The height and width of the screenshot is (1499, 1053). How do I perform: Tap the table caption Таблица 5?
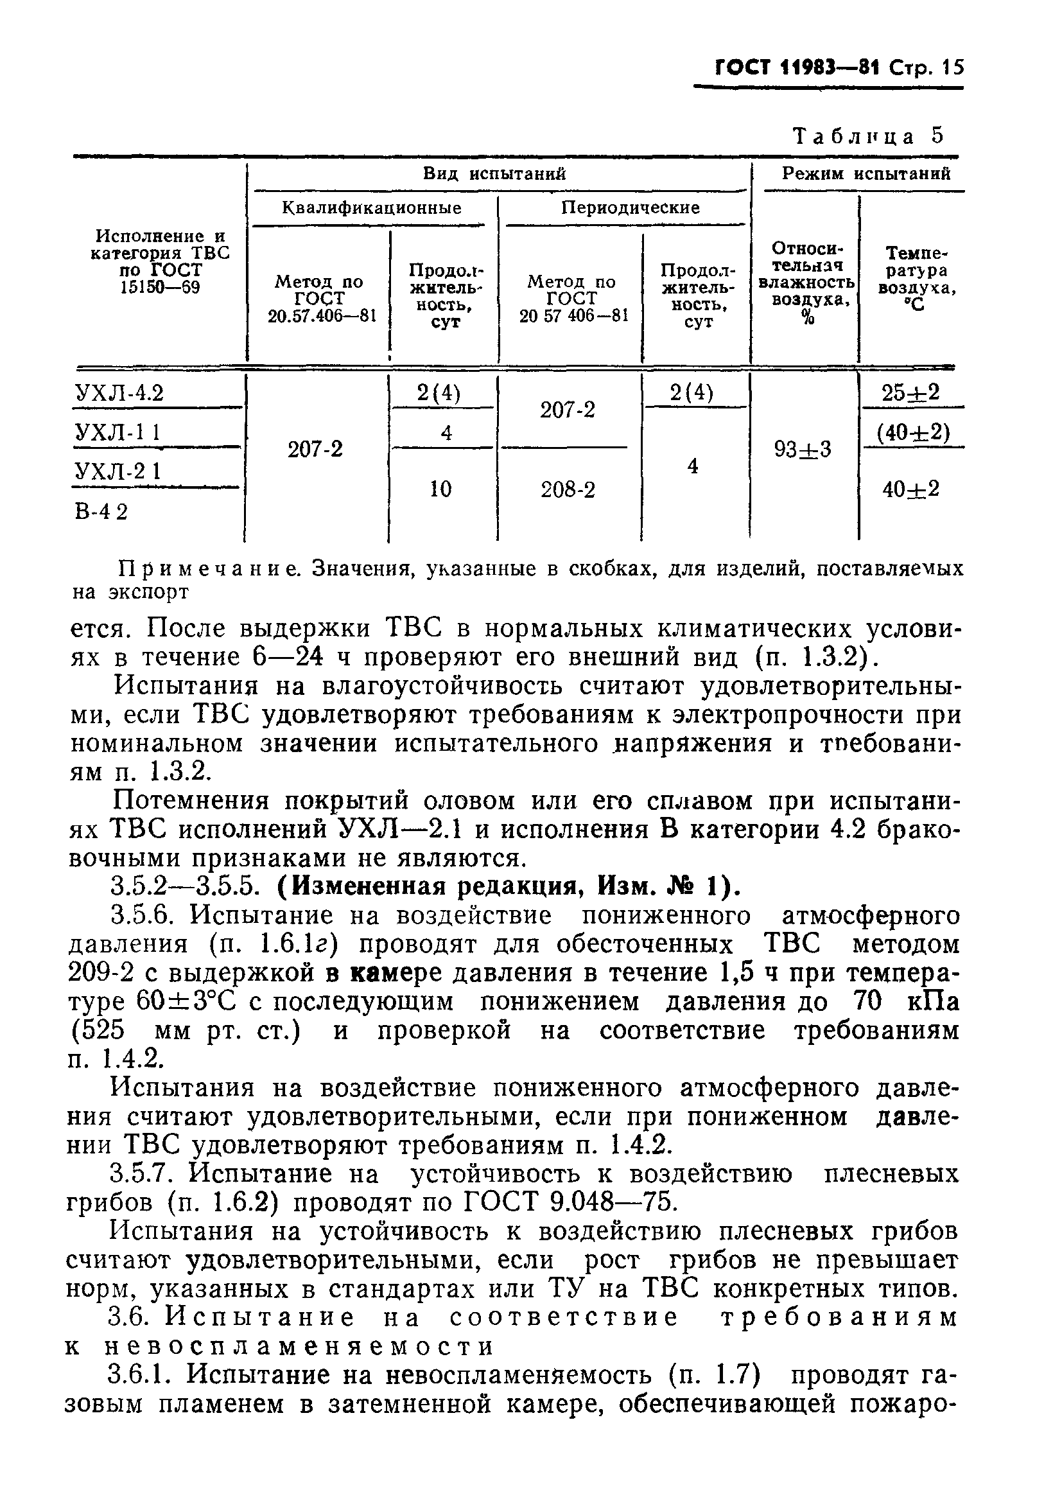(x=868, y=136)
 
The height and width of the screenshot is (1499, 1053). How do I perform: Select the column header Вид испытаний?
(x=494, y=173)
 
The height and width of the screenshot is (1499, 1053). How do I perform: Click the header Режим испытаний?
(x=866, y=173)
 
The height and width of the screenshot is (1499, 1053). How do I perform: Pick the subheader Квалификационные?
(x=372, y=208)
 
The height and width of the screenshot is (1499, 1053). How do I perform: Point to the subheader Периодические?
(x=630, y=208)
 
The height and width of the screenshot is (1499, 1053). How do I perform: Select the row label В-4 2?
(x=102, y=511)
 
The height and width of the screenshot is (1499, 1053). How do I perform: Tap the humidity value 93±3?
(x=803, y=450)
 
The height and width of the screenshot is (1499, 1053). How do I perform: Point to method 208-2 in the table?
(x=568, y=489)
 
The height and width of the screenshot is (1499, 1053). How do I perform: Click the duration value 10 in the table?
(x=441, y=489)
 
